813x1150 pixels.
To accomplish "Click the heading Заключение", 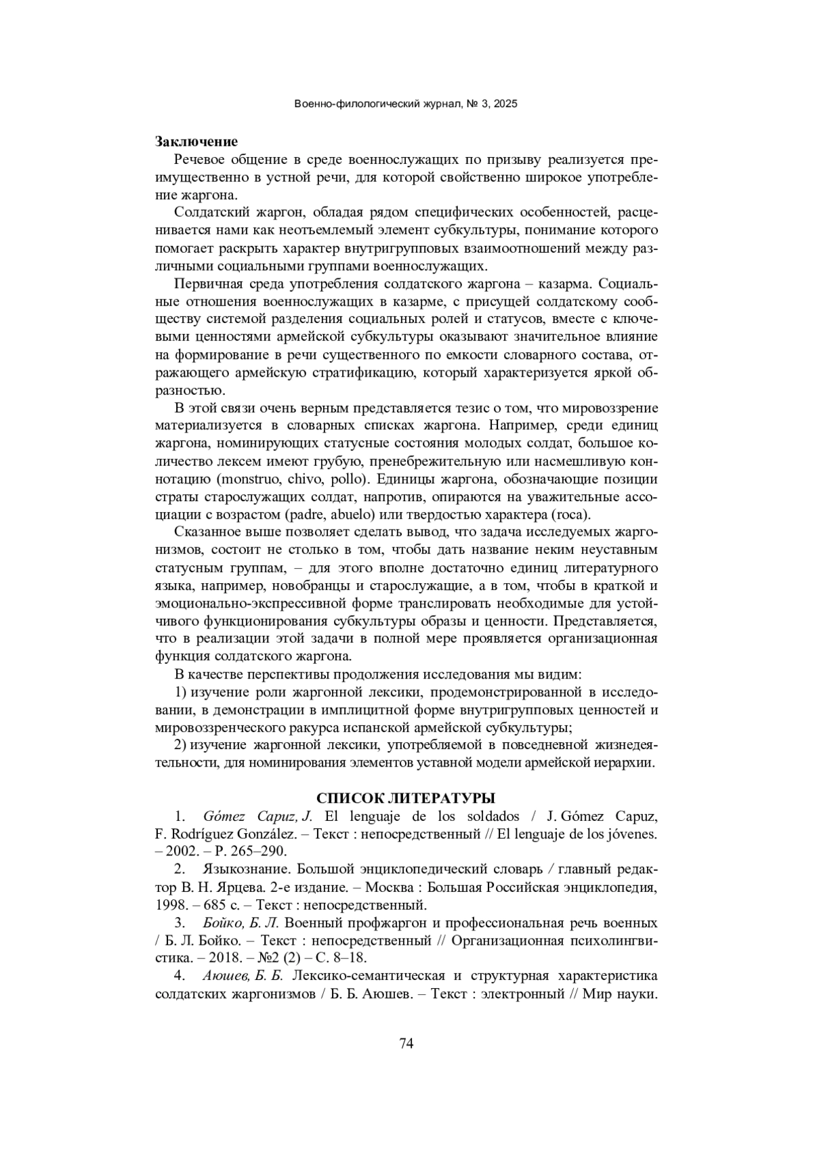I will click(196, 142).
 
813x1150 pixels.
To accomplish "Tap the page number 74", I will click(406, 1042).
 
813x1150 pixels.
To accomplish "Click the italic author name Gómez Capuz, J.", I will click(258, 815).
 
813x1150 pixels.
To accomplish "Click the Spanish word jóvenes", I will click(630, 833).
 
